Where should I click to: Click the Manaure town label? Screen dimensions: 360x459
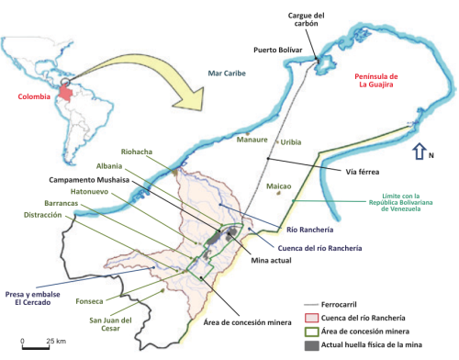(252, 141)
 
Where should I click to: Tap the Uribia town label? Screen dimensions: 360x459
(290, 141)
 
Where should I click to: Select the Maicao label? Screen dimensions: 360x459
(278, 186)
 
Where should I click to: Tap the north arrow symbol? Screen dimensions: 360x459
(419, 153)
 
